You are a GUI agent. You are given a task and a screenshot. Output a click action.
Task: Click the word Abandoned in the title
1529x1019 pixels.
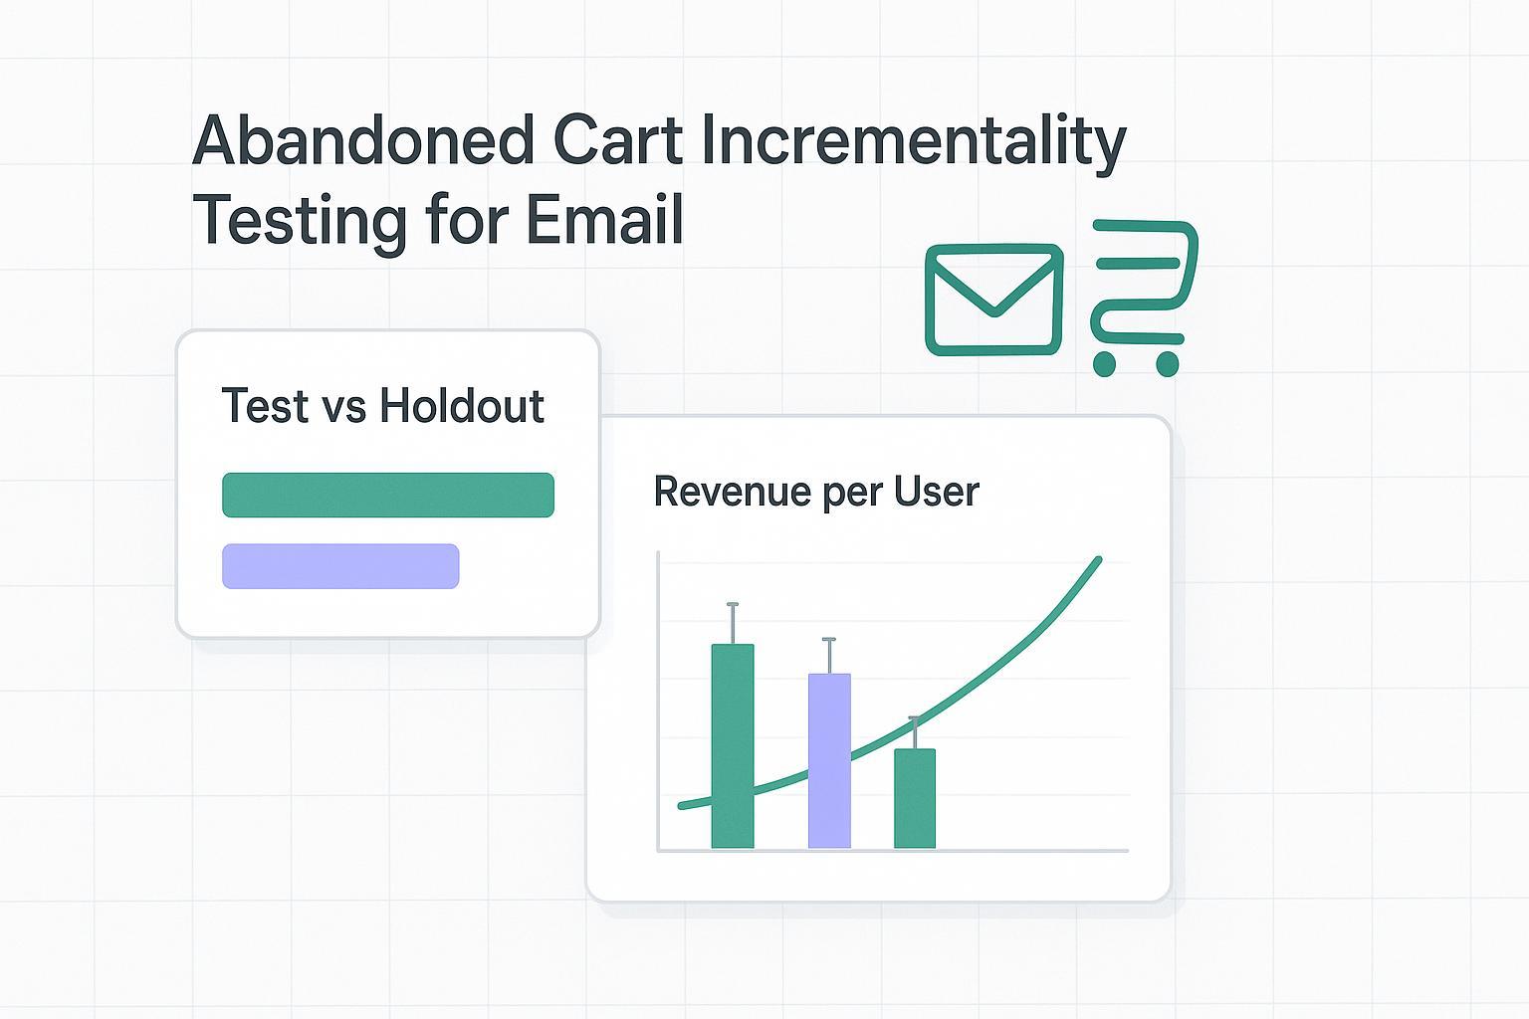point(363,141)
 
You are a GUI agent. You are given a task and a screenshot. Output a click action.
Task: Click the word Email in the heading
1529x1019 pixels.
point(604,220)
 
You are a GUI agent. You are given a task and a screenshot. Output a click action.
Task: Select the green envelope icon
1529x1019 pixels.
point(993,300)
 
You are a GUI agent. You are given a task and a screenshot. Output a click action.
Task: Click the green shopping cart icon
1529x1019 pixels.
point(1143,294)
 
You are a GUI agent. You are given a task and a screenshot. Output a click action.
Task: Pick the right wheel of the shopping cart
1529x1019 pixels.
point(1167,364)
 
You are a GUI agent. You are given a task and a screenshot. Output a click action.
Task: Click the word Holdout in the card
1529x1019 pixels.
point(462,406)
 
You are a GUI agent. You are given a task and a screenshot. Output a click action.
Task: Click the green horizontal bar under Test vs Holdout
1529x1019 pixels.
point(387,495)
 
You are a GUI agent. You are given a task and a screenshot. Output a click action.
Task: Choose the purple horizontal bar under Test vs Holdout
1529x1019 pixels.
point(340,566)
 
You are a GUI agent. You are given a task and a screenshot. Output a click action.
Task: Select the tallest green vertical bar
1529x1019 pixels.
point(733,746)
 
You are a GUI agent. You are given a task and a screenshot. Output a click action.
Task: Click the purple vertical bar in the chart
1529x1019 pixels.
point(829,761)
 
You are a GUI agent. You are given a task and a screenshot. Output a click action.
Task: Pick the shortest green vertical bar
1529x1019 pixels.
point(915,798)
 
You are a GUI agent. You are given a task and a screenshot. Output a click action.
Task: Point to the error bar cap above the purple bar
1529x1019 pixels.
point(829,640)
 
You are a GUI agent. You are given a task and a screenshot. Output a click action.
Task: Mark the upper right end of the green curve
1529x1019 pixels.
point(1098,560)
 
